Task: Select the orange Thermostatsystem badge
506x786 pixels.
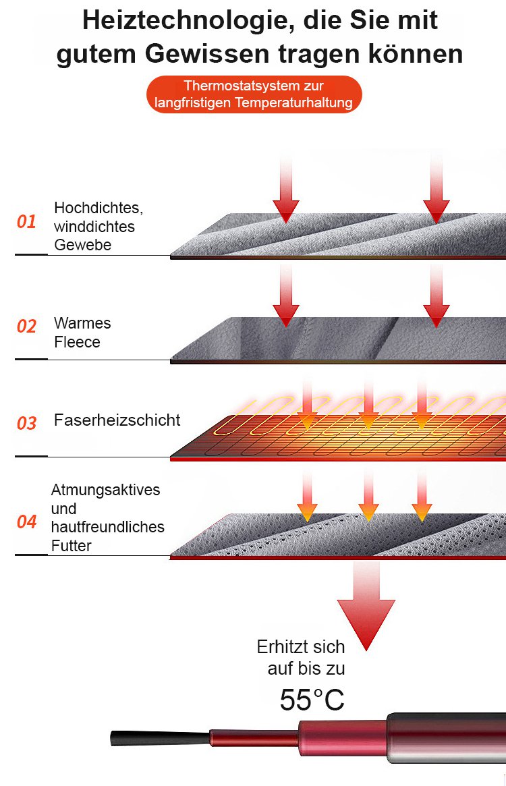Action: pyautogui.click(x=254, y=94)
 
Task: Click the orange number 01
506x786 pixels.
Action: pyautogui.click(x=26, y=221)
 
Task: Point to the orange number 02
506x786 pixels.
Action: pyautogui.click(x=26, y=327)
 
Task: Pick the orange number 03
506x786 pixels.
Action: pyautogui.click(x=26, y=423)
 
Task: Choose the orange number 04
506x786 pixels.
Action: pyautogui.click(x=26, y=522)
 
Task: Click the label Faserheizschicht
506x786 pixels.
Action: pyautogui.click(x=117, y=420)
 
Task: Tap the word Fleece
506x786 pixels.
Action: pyautogui.click(x=77, y=342)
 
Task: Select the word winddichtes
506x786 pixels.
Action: pyautogui.click(x=94, y=227)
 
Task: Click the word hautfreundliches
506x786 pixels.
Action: pyautogui.click(x=108, y=527)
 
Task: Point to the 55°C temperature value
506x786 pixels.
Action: pyautogui.click(x=312, y=700)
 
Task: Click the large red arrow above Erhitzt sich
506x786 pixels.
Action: pyautogui.click(x=366, y=607)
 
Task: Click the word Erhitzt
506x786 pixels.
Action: pyautogui.click(x=282, y=647)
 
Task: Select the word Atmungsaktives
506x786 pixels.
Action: pyautogui.click(x=106, y=490)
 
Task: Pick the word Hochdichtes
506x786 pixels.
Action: pyautogui.click(x=99, y=208)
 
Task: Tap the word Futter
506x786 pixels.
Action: pyautogui.click(x=71, y=545)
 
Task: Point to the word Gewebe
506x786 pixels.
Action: pyautogui.click(x=82, y=245)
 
